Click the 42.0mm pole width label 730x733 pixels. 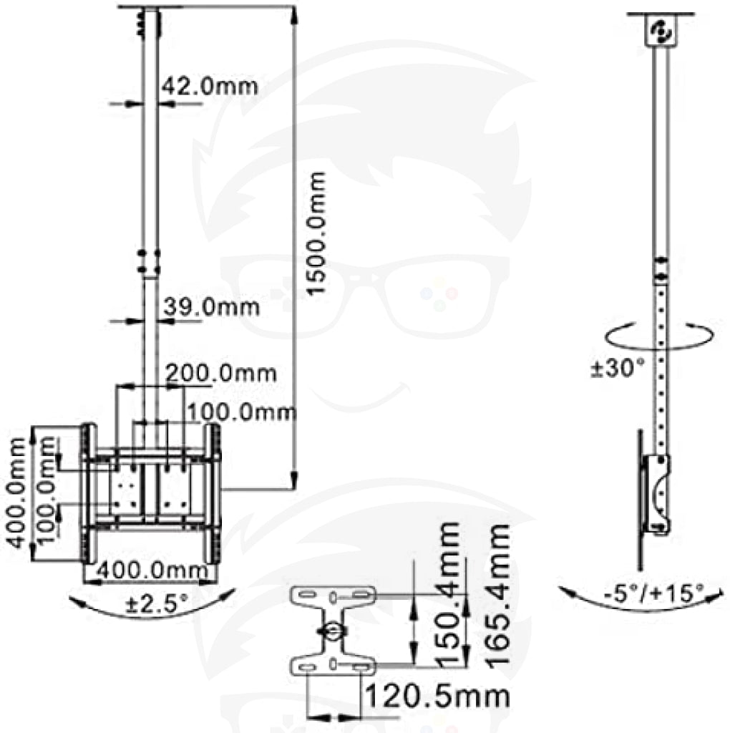[210, 87]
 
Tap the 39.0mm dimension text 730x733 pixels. [211, 307]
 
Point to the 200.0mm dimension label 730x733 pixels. [221, 374]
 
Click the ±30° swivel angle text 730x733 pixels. [618, 368]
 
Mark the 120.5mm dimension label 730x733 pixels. [437, 696]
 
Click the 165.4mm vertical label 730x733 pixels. [498, 594]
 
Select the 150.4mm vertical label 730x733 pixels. [447, 593]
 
